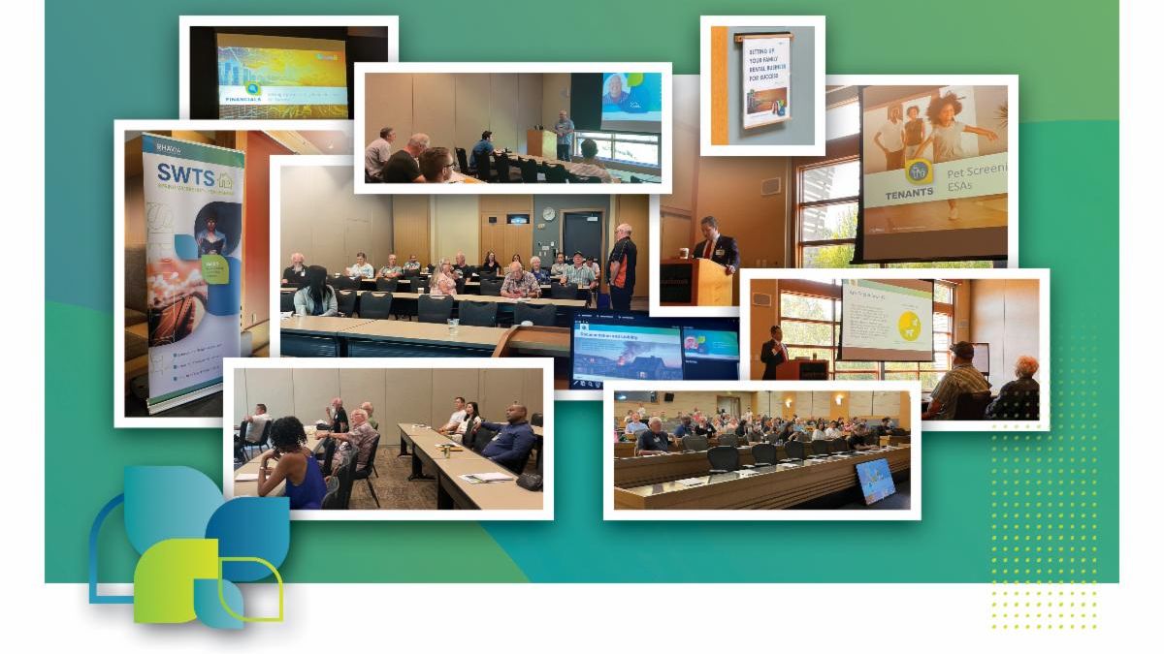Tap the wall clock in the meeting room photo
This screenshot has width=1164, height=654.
[549, 214]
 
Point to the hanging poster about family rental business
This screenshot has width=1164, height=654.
[766, 82]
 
